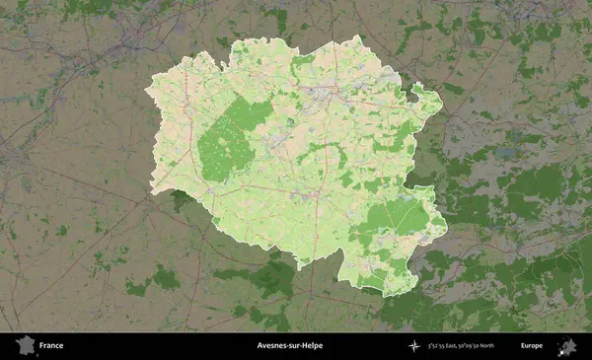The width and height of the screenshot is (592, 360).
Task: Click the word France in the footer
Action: tap(51, 346)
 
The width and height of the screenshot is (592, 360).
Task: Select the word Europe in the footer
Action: tap(532, 346)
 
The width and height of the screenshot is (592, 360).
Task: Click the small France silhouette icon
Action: tap(24, 345)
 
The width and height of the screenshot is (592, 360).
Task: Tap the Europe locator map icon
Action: tap(567, 345)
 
